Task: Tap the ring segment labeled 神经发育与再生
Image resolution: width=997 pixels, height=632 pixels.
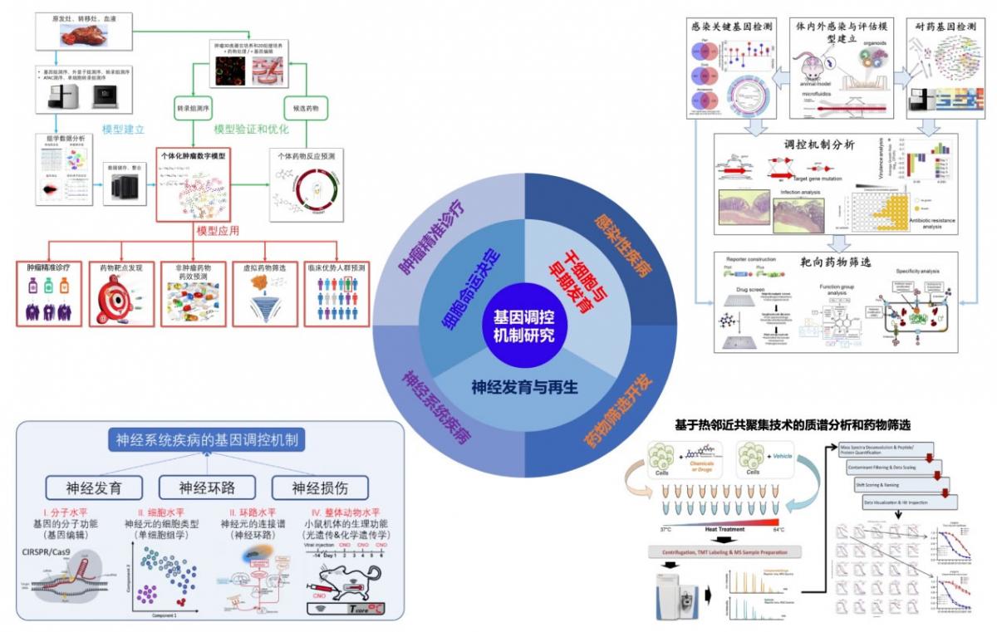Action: (524, 386)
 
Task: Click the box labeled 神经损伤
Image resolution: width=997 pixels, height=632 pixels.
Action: (319, 487)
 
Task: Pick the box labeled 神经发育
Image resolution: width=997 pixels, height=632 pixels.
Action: (94, 487)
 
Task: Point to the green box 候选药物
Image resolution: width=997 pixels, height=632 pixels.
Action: (306, 108)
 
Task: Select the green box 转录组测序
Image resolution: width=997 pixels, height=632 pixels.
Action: (194, 108)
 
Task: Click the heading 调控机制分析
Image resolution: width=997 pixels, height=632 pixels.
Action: (819, 143)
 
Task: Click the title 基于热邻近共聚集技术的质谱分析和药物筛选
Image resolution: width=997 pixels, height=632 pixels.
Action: (793, 424)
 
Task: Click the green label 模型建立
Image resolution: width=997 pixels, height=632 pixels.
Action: (123, 130)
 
